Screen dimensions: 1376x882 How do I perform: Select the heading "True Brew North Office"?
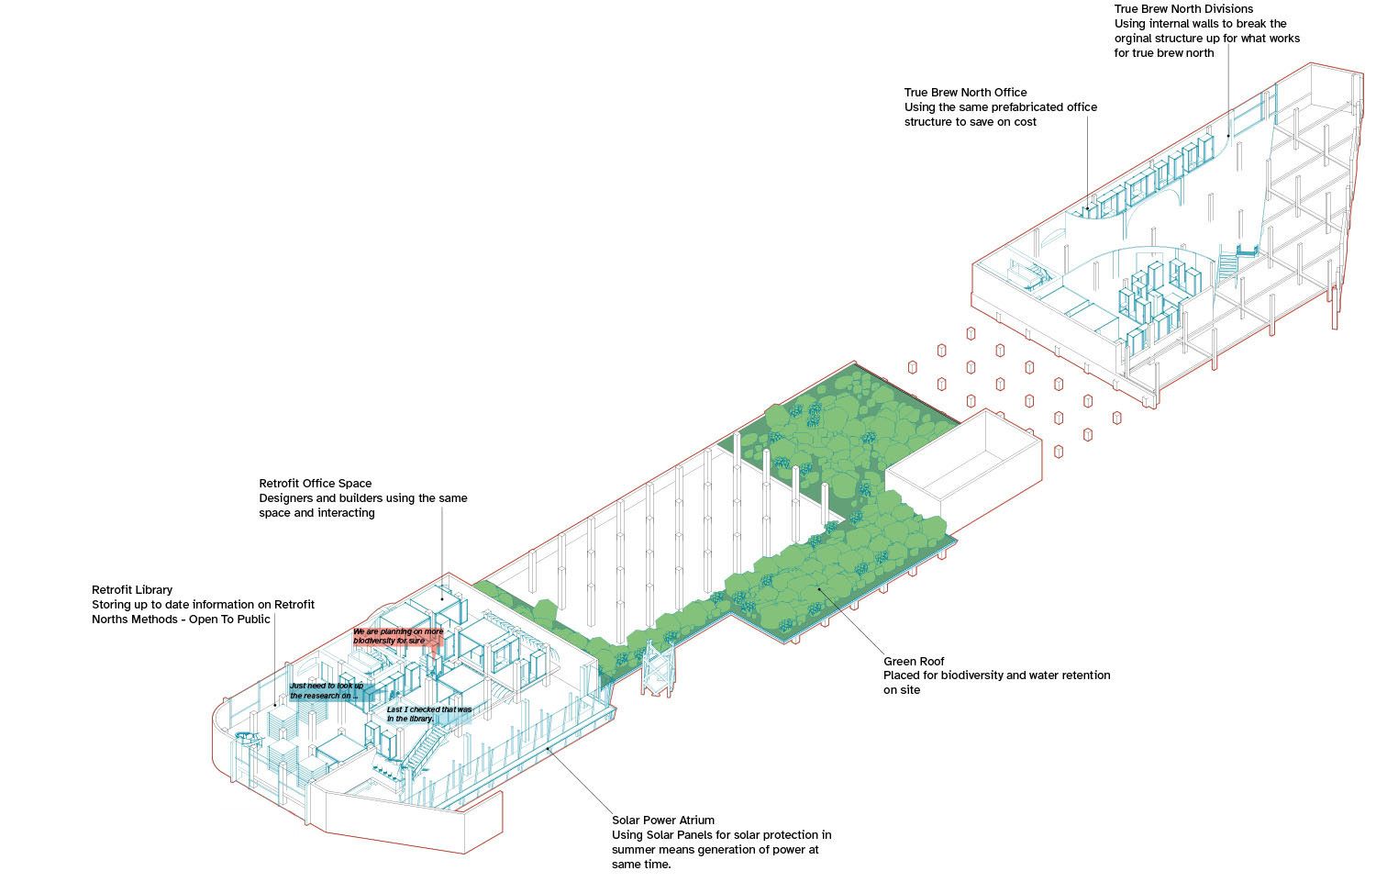point(965,93)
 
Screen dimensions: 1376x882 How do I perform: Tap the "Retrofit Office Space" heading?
point(315,484)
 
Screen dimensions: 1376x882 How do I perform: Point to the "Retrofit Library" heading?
point(132,590)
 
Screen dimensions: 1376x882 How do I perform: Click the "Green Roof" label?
point(914,661)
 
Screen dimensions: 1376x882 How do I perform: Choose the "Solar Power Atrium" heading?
point(662,821)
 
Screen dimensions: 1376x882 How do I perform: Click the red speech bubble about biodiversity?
point(398,636)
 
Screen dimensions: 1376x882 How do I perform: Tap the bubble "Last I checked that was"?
point(428,714)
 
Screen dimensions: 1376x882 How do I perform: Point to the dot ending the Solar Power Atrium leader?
point(549,750)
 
